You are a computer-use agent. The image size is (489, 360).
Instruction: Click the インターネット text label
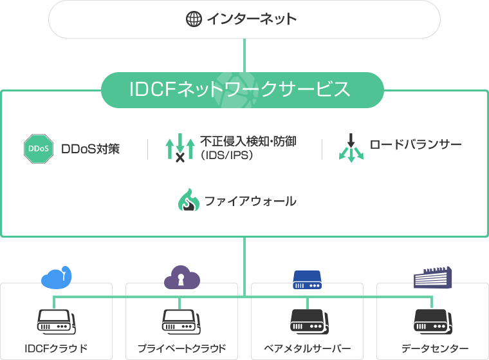click(251, 19)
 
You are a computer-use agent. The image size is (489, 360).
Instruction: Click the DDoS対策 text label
click(90, 149)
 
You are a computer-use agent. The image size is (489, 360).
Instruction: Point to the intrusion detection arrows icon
click(180, 147)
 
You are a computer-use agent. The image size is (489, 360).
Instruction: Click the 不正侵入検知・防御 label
click(248, 141)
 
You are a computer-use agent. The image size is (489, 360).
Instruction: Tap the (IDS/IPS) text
click(226, 156)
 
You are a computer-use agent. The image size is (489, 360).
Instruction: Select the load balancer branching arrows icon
click(351, 147)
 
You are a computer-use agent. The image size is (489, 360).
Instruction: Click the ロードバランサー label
click(416, 144)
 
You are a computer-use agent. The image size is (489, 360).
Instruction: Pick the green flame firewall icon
click(189, 200)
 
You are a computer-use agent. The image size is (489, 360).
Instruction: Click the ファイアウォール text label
click(250, 201)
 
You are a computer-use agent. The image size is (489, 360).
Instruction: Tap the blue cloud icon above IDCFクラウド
click(57, 277)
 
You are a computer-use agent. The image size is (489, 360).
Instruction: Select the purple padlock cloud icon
click(181, 278)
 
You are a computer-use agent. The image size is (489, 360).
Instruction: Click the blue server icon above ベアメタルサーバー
click(307, 279)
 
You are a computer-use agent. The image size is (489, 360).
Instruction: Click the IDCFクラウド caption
click(56, 348)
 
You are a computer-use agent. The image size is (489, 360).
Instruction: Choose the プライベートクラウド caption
click(181, 348)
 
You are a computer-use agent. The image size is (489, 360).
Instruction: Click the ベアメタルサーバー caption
click(307, 348)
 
